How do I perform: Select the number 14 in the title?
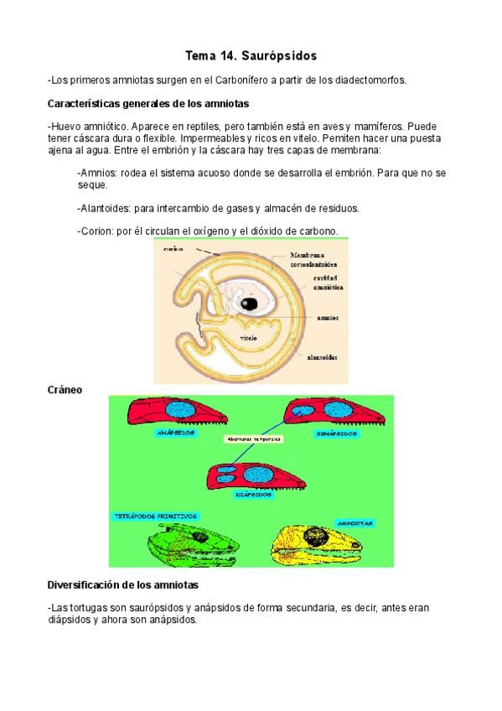click(225, 56)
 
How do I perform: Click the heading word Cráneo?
click(65, 390)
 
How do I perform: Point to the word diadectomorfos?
click(370, 80)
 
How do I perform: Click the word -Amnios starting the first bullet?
click(96, 173)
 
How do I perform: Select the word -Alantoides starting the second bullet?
click(102, 208)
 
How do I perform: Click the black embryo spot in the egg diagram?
click(249, 304)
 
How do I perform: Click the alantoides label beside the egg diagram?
click(323, 356)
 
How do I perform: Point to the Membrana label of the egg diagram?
click(307, 255)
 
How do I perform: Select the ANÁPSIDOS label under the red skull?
click(176, 433)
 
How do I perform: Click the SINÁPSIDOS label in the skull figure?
click(339, 433)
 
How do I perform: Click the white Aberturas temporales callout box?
click(252, 439)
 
